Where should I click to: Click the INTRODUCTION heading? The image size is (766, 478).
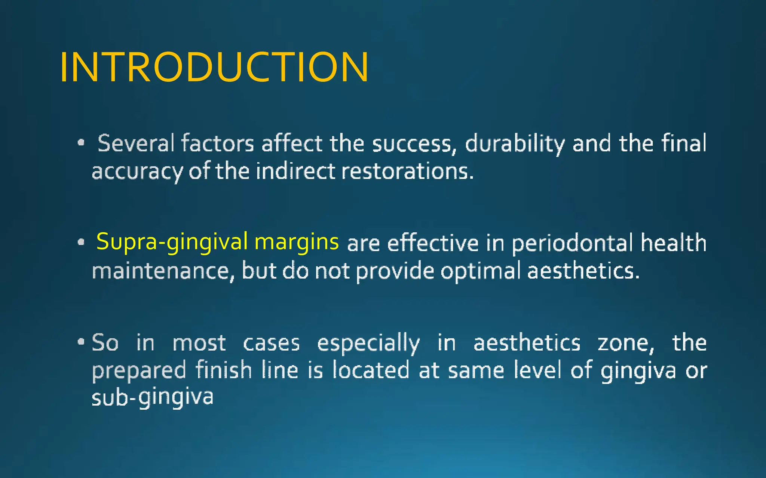click(x=214, y=67)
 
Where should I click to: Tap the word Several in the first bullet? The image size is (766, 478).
click(x=136, y=143)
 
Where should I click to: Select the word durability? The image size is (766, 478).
click(x=515, y=143)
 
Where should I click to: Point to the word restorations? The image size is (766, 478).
click(x=407, y=171)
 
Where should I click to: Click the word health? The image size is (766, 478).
click(x=674, y=243)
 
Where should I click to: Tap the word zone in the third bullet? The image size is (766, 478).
click(x=625, y=343)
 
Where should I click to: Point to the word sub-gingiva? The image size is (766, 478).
click(x=153, y=398)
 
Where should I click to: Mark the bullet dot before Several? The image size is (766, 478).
click(x=81, y=143)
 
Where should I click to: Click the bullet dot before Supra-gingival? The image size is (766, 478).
click(x=81, y=242)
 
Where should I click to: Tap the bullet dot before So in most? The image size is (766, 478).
click(x=81, y=341)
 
